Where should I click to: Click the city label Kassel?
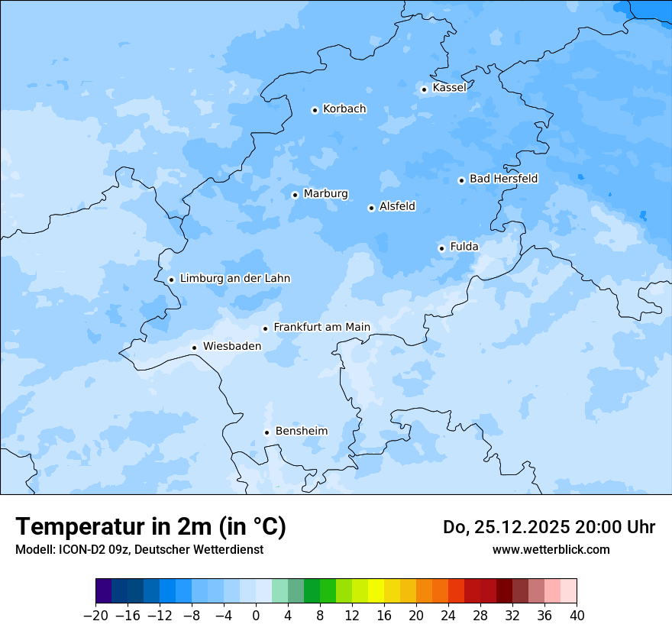click(x=449, y=88)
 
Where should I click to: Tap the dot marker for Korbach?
click(x=315, y=110)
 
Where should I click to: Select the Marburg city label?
click(x=325, y=194)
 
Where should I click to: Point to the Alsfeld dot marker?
click(x=371, y=208)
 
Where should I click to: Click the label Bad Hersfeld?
click(x=503, y=179)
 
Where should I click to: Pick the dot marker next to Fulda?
click(x=441, y=248)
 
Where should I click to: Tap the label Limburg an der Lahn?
click(x=235, y=279)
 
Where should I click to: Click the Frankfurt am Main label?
click(x=321, y=327)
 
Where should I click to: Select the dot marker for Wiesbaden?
click(x=195, y=348)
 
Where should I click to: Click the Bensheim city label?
click(x=301, y=431)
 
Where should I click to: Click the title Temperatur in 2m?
click(x=150, y=526)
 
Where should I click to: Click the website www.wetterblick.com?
click(x=551, y=549)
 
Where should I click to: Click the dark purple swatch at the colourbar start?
click(x=103, y=591)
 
